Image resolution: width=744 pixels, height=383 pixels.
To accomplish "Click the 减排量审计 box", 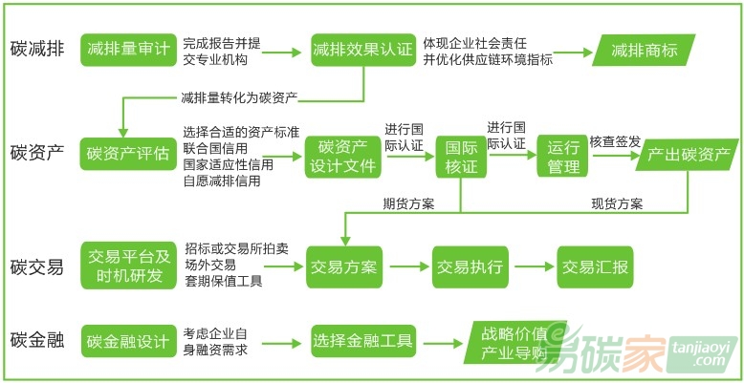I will tap(128, 49).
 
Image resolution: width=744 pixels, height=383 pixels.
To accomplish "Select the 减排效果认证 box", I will tap(362, 49).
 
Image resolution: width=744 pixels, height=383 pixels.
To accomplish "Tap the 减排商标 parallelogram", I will tap(646, 49).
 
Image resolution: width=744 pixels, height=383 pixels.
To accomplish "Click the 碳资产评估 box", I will tap(128, 153).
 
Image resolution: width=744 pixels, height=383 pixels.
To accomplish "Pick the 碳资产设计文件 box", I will tap(343, 156).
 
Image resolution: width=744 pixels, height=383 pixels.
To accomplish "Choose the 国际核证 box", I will tap(461, 157).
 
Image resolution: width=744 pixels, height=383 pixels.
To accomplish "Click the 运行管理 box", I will tap(564, 157).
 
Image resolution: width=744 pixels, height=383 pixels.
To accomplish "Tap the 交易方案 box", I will tap(343, 266).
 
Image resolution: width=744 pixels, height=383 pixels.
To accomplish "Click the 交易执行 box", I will tap(470, 266).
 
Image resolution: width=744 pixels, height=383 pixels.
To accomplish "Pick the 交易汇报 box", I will tap(595, 266).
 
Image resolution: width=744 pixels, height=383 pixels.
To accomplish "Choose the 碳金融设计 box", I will tap(128, 342).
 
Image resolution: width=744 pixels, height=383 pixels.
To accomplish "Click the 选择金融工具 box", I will tap(362, 342).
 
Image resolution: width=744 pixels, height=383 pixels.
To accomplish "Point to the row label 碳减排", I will tap(37, 49).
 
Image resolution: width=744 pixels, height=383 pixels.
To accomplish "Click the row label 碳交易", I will tap(37, 266).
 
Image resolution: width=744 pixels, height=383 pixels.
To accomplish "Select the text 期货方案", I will tap(408, 203).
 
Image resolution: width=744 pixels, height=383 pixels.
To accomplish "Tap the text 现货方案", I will tap(617, 203).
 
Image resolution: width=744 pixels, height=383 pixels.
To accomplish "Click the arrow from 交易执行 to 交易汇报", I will tap(532, 266).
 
